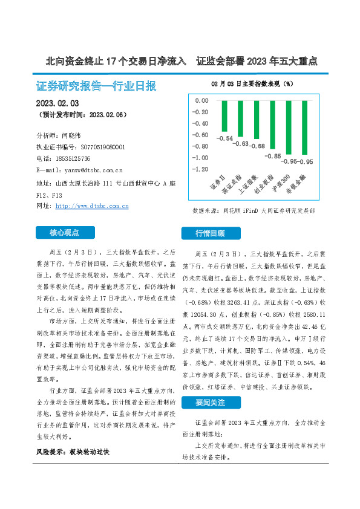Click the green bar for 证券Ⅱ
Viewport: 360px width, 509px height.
pos(224,117)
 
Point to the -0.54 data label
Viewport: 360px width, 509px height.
pos(225,138)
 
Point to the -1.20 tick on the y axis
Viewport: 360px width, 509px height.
pos(200,169)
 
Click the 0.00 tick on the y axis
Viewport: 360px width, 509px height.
pos(201,100)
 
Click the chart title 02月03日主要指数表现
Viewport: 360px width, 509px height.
pos(252,83)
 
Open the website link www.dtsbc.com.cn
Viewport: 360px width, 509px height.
pos(91,206)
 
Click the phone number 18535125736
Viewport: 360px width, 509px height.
pos(80,158)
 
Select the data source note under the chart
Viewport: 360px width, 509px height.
pos(254,211)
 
